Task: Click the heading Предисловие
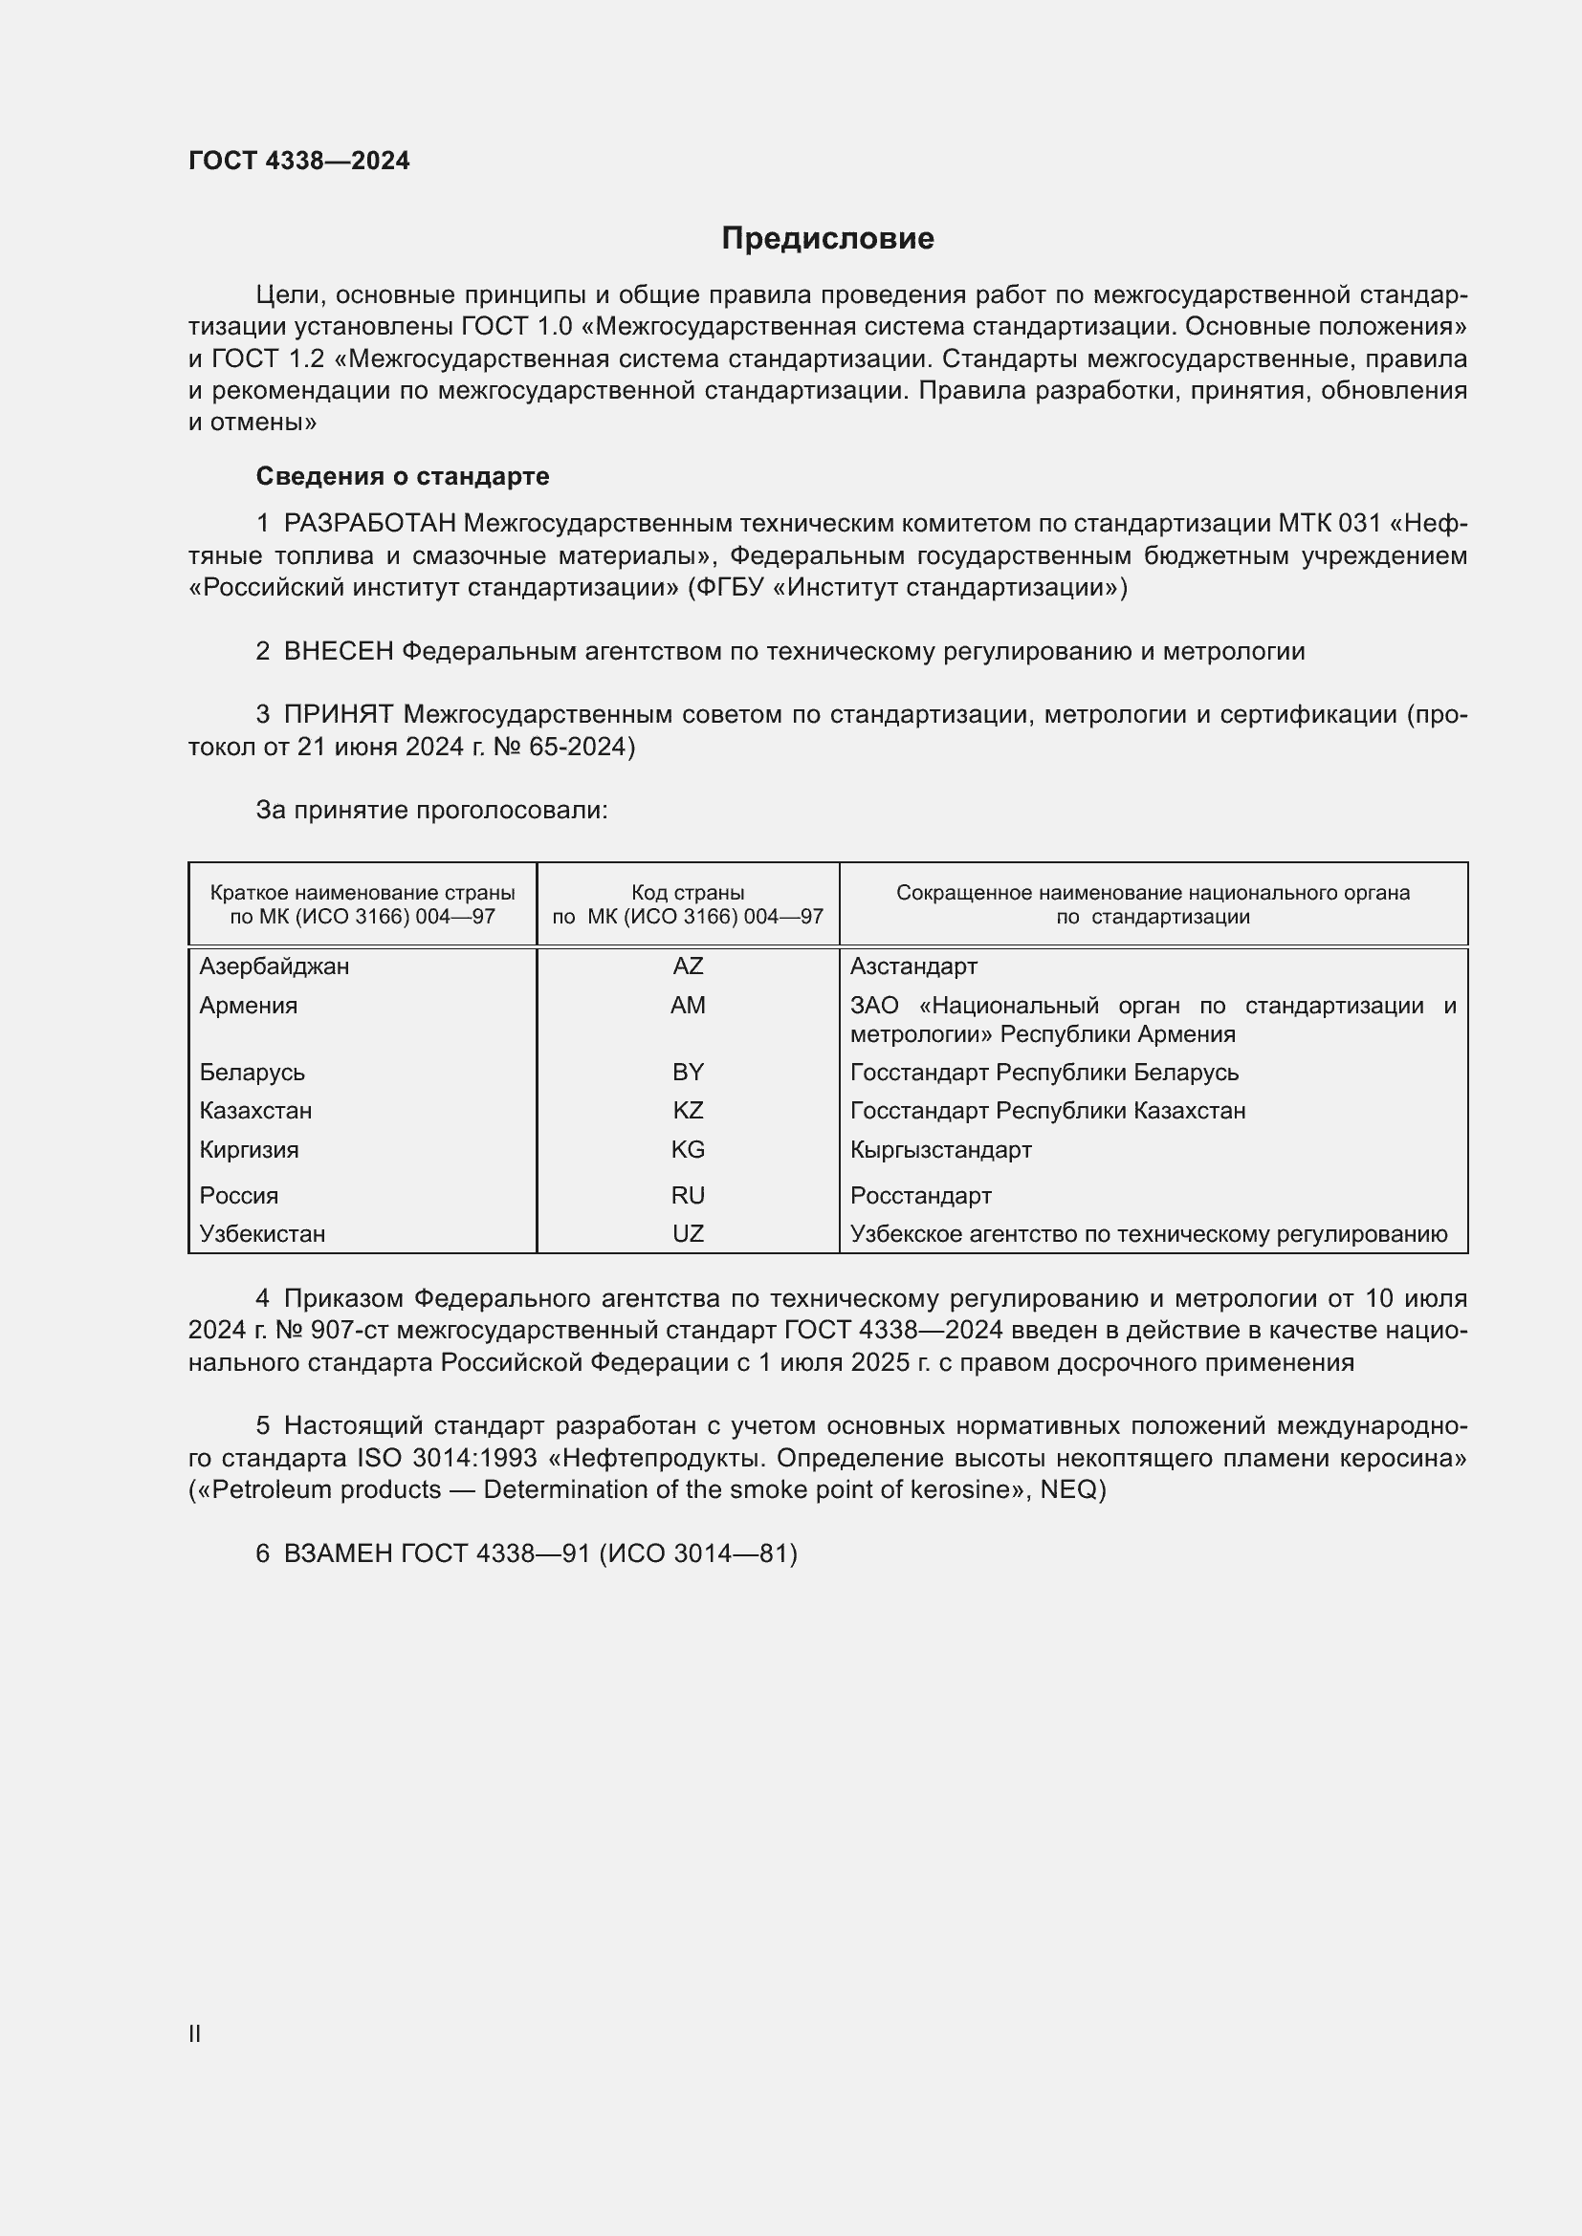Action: tap(827, 239)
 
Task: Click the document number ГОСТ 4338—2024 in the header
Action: tap(299, 161)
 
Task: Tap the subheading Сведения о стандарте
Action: tap(403, 476)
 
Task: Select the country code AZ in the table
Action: tap(687, 966)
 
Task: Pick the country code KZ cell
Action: tap(687, 1110)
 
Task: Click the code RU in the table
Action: tap(687, 1195)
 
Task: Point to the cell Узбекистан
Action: tap(262, 1234)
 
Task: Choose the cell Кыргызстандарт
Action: tap(940, 1149)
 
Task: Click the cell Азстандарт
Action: tap(912, 966)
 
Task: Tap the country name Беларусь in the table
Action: tap(252, 1073)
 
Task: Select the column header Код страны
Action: tap(687, 892)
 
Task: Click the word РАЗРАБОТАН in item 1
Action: tap(369, 524)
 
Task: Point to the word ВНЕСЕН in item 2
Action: tap(338, 652)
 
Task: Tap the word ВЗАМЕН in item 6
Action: tap(338, 1553)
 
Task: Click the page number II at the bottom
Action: tap(195, 2034)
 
